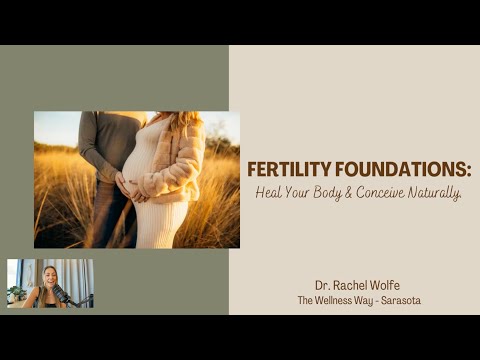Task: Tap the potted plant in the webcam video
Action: point(15,291)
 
